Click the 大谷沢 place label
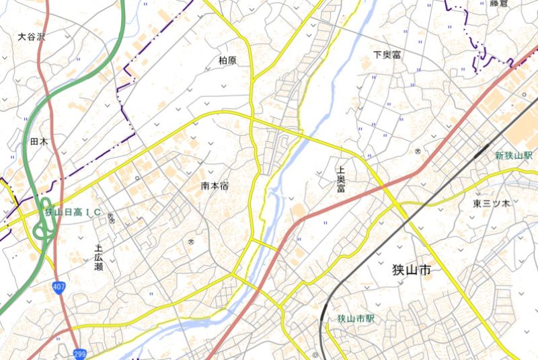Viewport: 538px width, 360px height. click(31, 37)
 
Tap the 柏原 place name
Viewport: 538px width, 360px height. click(228, 61)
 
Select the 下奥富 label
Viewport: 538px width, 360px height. click(387, 55)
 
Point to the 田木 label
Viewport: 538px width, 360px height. click(39, 142)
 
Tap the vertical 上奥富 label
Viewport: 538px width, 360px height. click(341, 180)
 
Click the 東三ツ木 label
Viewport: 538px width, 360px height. click(491, 203)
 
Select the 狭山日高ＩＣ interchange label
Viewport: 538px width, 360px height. click(73, 213)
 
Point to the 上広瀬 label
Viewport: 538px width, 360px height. click(99, 257)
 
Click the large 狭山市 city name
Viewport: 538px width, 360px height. click(412, 271)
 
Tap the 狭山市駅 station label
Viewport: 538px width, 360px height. click(357, 318)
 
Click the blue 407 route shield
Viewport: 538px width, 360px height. click(59, 288)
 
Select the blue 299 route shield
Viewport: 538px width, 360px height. click(79, 353)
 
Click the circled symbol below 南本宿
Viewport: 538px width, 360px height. click(192, 240)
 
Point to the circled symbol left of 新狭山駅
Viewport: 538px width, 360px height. click(418, 151)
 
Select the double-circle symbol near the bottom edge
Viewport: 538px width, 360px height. click(315, 354)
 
